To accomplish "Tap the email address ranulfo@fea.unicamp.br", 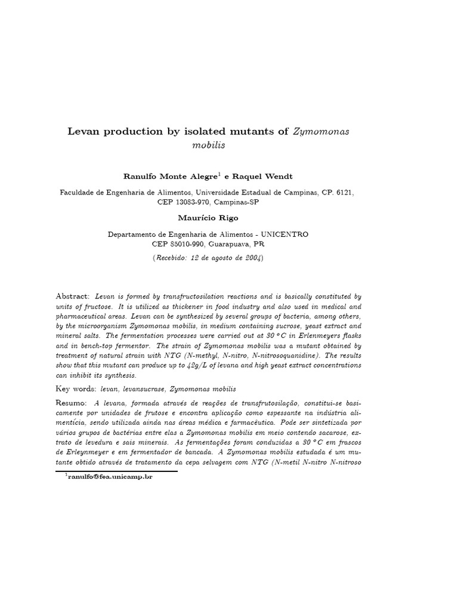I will [110, 477].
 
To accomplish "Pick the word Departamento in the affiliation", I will [135, 234].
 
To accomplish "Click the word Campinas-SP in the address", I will [237, 202].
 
